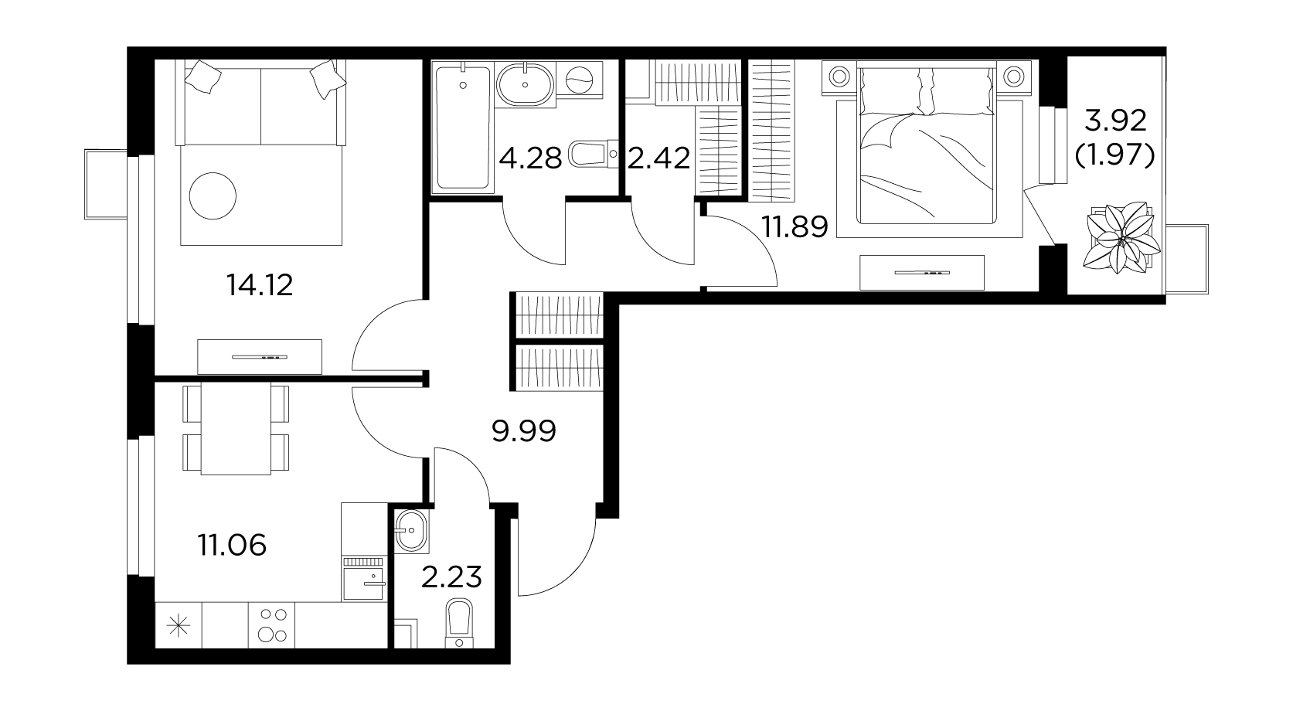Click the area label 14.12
(x=260, y=285)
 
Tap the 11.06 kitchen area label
(x=232, y=545)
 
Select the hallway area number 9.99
(x=524, y=431)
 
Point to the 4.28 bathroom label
(x=530, y=158)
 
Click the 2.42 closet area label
(x=658, y=158)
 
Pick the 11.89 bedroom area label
(x=795, y=226)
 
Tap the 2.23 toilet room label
(x=451, y=577)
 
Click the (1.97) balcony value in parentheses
(x=1114, y=155)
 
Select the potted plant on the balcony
(x=1121, y=237)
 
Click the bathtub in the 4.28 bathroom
(x=463, y=128)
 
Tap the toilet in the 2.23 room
(x=460, y=624)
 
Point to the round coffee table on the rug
(x=213, y=196)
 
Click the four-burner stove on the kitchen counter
(x=272, y=625)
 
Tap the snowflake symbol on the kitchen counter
(x=179, y=626)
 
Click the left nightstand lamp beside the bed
(x=839, y=76)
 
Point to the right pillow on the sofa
(x=327, y=79)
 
